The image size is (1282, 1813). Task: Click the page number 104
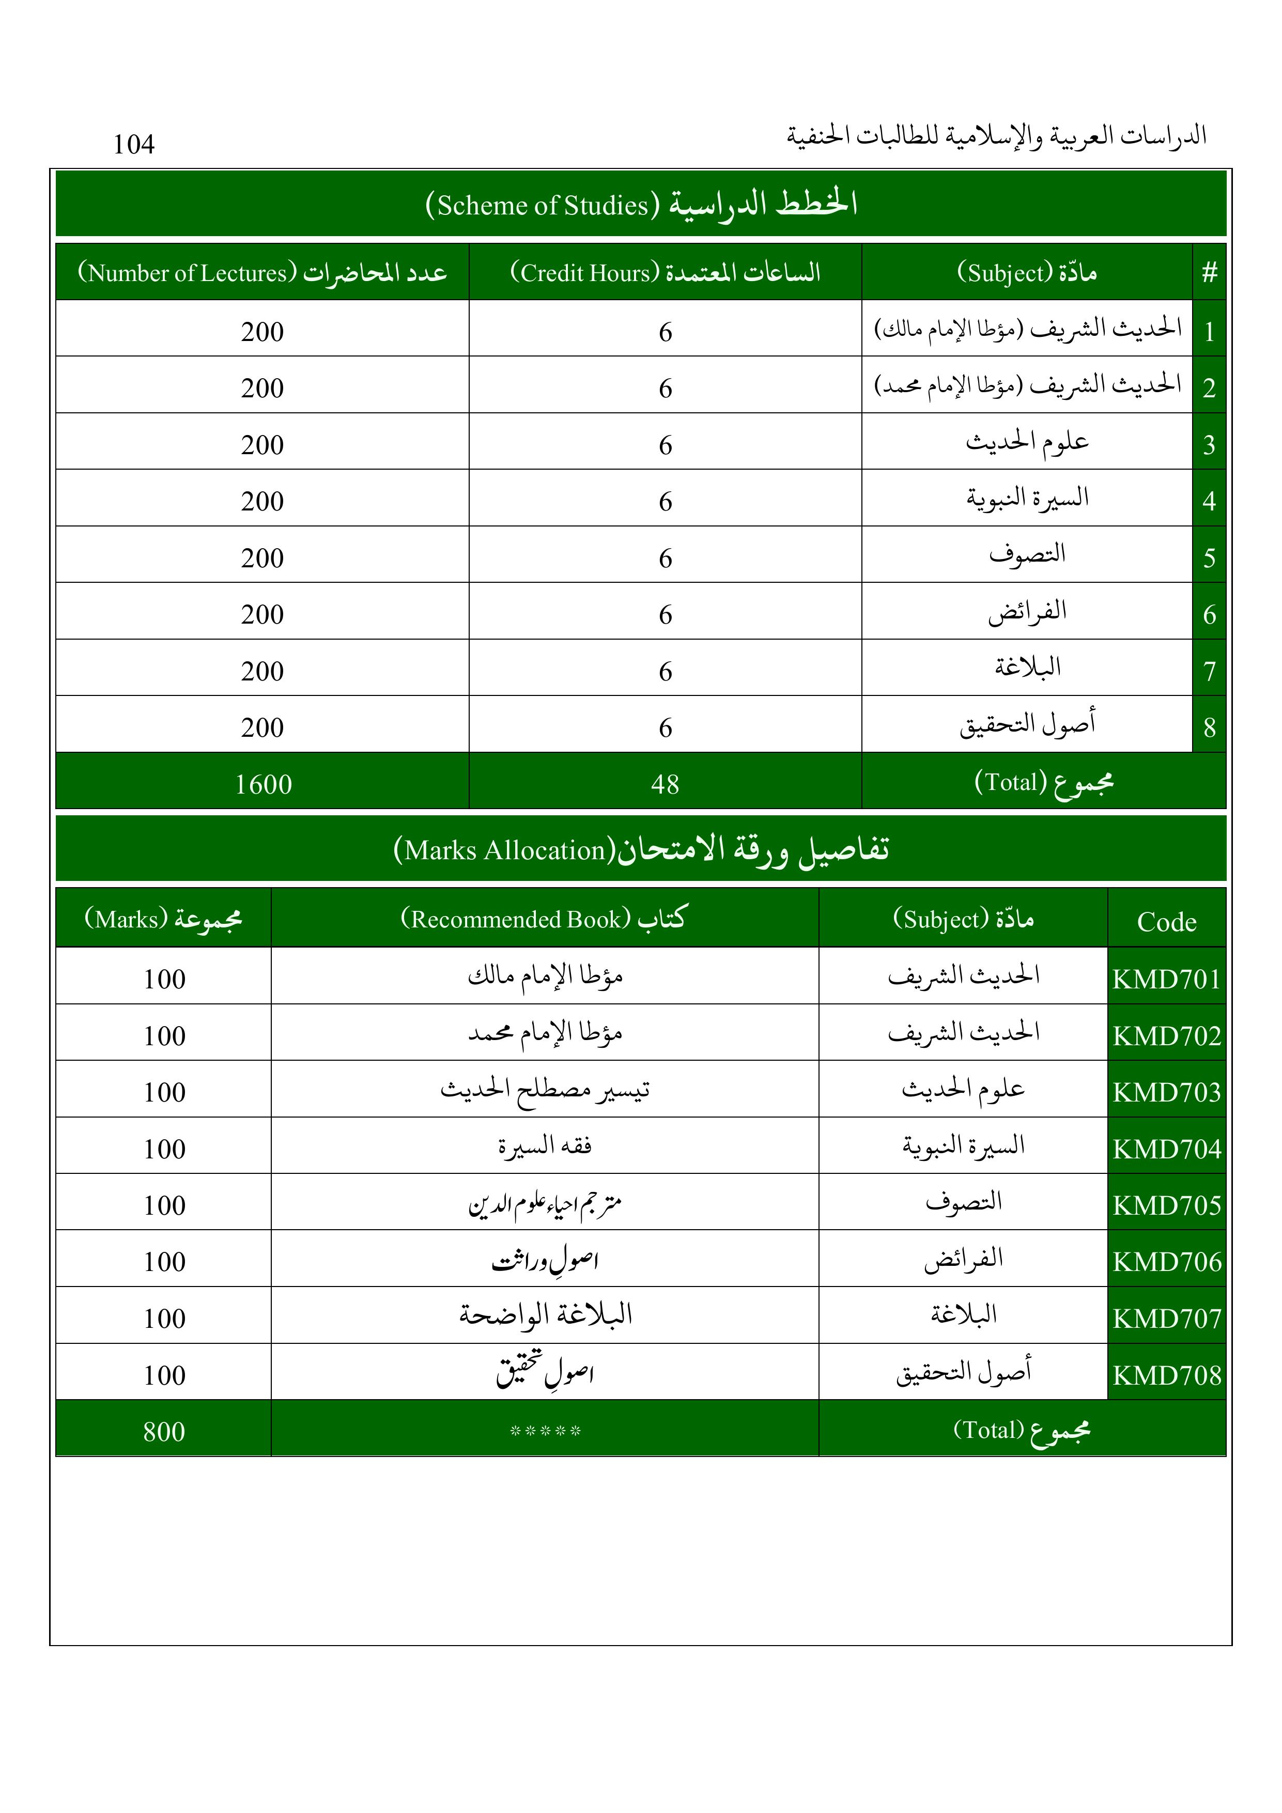133,145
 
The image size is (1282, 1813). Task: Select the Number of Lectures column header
262,272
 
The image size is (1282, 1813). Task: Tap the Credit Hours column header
665,272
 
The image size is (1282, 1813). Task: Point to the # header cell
1209,272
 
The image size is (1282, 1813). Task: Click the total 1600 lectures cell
263,784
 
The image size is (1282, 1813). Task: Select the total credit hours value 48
665,784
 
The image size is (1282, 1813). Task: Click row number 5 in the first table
1209,559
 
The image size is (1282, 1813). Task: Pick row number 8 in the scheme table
1209,727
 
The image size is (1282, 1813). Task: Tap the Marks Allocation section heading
641,849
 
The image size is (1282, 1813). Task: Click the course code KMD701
1167,979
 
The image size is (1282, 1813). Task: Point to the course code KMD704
1167,1149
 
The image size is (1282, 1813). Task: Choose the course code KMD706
1167,1262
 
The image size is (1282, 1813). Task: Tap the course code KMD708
1167,1375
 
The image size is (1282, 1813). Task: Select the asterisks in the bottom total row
545,1431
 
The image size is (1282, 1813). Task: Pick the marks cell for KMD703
164,1092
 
